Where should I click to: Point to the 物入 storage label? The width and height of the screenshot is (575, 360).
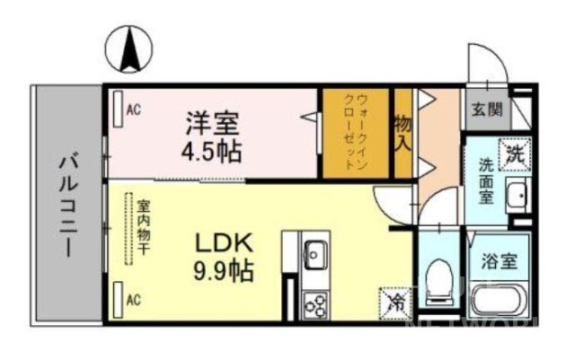403,132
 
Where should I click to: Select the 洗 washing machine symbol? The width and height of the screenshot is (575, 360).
515,153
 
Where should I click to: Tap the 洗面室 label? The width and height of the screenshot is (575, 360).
486,181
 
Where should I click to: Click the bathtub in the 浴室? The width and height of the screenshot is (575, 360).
499,306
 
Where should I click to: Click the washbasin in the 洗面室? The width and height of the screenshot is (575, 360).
517,196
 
